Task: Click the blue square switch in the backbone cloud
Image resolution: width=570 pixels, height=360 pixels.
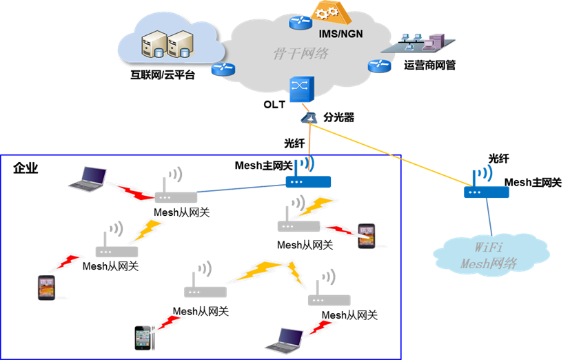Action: (301, 88)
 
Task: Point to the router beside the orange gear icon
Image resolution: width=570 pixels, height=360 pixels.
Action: (300, 22)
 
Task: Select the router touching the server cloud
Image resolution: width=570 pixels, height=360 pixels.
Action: (223, 68)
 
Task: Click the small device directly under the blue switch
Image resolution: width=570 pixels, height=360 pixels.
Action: (309, 119)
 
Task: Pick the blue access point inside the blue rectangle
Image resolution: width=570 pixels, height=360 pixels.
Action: (307, 181)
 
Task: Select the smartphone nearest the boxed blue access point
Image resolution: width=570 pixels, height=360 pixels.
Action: (365, 236)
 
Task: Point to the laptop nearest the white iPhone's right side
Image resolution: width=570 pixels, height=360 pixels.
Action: (285, 337)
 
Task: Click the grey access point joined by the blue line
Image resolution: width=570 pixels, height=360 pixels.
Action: (176, 197)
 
